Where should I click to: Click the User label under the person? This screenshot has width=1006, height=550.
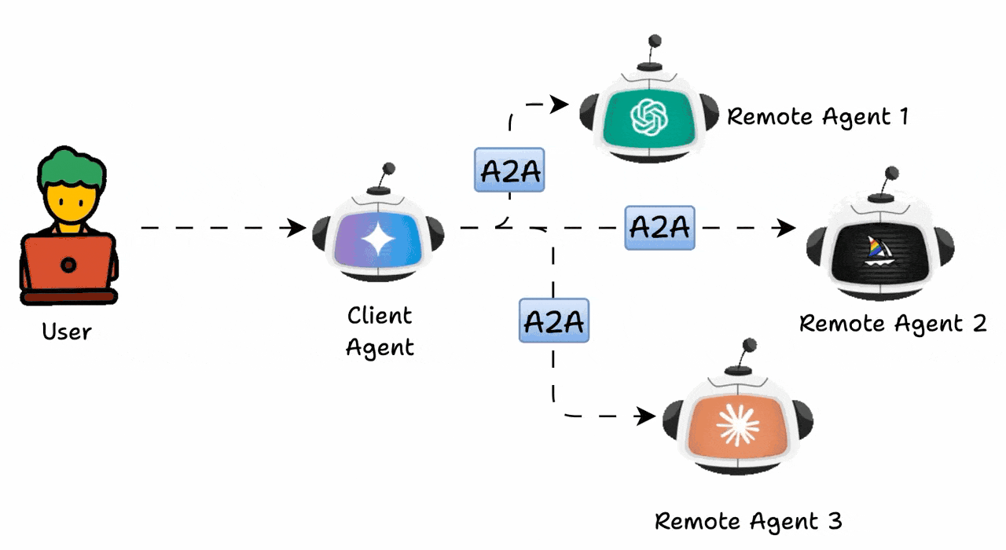[67, 332]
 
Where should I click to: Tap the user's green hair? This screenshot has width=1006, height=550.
[70, 170]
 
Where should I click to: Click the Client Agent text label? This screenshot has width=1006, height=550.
[380, 331]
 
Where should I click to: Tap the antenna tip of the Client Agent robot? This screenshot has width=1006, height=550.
[387, 168]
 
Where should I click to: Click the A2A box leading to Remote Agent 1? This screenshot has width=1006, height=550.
[509, 170]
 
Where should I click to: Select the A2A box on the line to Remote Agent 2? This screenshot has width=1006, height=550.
[659, 227]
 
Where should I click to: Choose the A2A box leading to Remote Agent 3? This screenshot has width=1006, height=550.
[553, 321]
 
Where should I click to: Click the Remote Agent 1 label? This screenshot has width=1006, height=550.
[817, 117]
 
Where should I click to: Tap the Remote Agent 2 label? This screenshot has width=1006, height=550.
[892, 323]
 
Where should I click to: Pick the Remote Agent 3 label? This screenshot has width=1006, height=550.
[748, 520]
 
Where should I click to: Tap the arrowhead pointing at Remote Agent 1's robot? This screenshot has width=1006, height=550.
[561, 104]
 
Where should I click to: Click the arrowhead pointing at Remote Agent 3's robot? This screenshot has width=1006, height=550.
[646, 416]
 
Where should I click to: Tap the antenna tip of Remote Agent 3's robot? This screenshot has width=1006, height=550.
[750, 344]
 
